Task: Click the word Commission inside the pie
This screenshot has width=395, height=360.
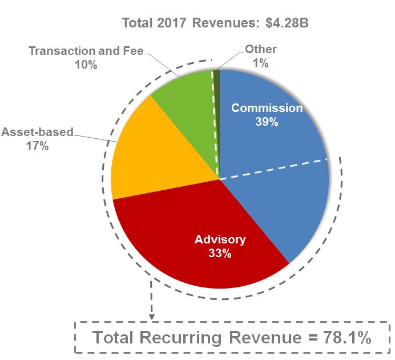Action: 267,108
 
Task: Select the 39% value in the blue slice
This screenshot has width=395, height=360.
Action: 267,122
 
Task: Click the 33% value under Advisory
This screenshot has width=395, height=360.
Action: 220,253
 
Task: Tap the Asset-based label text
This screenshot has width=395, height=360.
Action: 37,132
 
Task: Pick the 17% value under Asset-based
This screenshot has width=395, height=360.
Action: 37,146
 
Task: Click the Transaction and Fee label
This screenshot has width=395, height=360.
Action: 86,51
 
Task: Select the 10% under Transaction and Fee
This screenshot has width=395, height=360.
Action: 86,65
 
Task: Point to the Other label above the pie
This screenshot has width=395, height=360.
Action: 261,50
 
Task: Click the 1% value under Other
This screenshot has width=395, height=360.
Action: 261,63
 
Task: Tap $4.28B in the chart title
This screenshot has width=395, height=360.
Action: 288,24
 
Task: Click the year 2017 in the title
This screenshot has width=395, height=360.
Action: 172,24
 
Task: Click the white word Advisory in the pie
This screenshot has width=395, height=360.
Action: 220,239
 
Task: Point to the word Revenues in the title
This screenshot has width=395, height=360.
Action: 227,24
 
